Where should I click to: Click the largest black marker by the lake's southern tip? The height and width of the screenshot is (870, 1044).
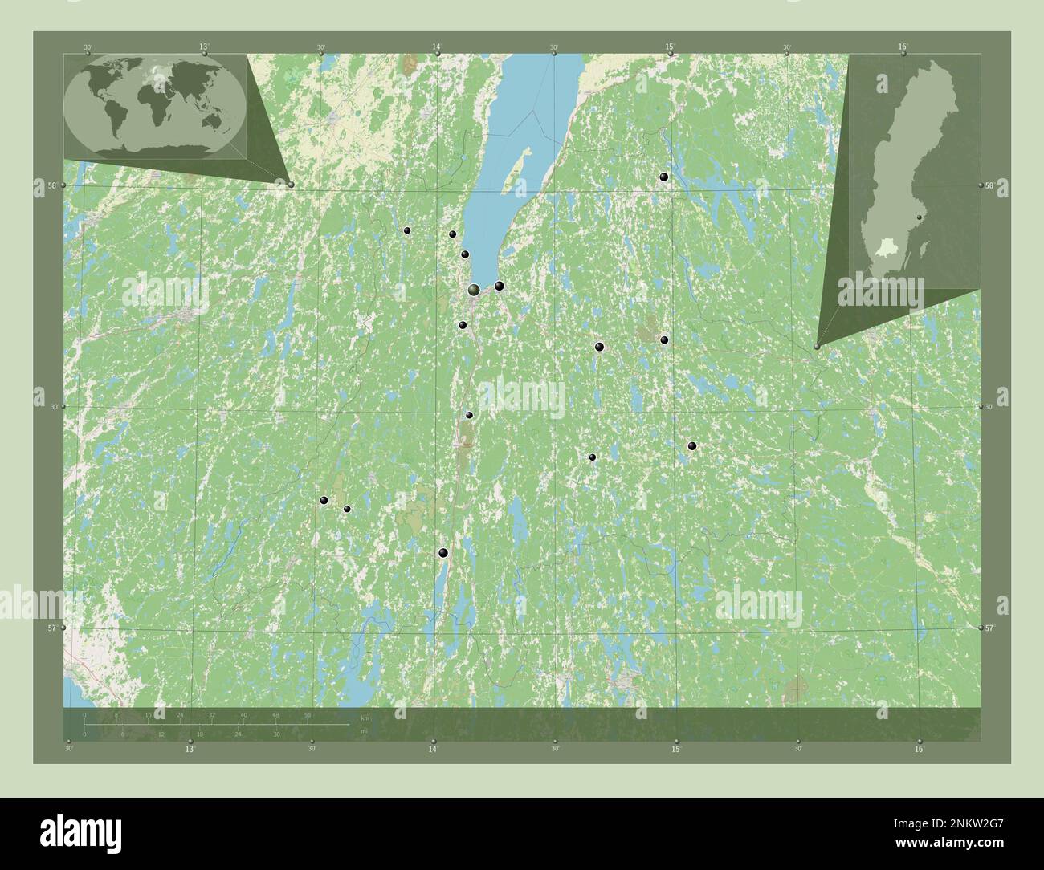click(475, 290)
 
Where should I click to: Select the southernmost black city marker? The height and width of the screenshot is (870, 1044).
click(442, 552)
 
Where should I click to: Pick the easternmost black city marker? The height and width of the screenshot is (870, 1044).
click(692, 446)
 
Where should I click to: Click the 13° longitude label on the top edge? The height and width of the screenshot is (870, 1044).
click(204, 47)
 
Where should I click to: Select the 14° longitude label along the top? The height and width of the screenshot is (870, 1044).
click(437, 47)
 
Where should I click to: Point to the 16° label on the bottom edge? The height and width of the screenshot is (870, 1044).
click(920, 750)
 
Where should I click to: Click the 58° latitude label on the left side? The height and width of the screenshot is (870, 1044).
click(51, 185)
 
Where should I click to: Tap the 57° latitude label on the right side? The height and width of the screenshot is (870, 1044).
click(990, 628)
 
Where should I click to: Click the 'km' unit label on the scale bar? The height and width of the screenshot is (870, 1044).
click(365, 718)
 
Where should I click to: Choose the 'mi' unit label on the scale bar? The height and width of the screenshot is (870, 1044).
click(364, 731)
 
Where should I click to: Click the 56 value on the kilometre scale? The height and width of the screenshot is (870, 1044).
click(308, 714)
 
